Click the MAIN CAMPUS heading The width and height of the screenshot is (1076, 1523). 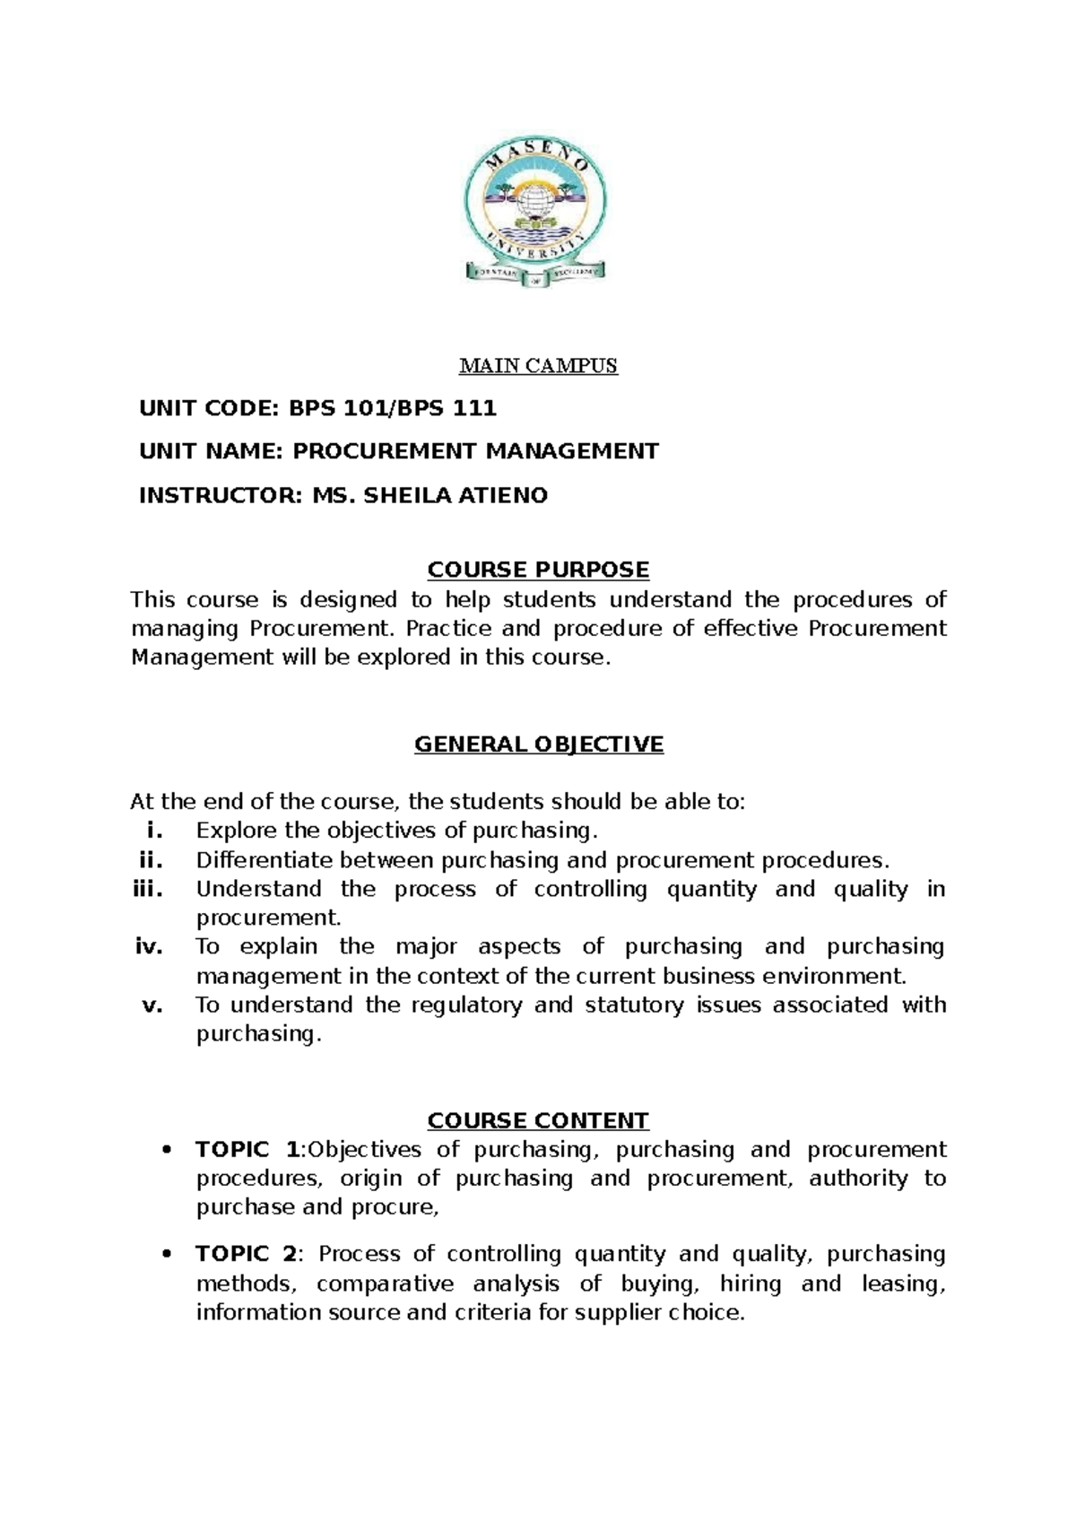tap(538, 366)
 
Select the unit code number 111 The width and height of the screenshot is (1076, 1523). tap(475, 409)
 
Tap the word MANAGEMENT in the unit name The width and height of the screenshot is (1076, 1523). tap(572, 451)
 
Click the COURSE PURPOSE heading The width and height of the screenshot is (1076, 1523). tap(538, 570)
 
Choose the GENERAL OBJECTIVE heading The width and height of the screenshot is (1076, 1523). tap(538, 744)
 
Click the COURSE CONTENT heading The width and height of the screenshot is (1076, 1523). tap(538, 1120)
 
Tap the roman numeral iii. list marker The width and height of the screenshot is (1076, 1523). tap(148, 889)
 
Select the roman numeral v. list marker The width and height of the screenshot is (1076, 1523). tap(152, 1005)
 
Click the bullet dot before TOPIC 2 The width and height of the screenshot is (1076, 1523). tap(163, 1255)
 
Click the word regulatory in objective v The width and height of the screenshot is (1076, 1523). tap(465, 1005)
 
